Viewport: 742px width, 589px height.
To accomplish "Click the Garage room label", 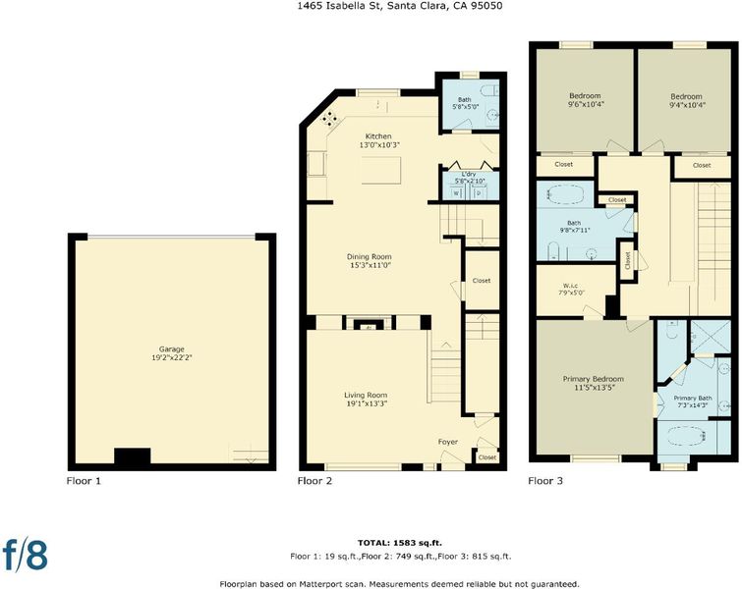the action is pyautogui.click(x=171, y=349).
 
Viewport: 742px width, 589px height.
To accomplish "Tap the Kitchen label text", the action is pyautogui.click(x=378, y=136).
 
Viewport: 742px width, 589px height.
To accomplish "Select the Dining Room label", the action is pyautogui.click(x=370, y=256).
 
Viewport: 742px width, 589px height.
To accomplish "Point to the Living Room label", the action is pyautogui.click(x=366, y=396).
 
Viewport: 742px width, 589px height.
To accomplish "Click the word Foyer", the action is pyautogui.click(x=448, y=442).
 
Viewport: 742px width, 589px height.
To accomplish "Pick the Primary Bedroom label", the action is pyautogui.click(x=594, y=379).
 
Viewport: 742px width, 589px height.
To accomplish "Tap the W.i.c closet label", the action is pyautogui.click(x=570, y=286).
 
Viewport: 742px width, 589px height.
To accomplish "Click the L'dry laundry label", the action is pyautogui.click(x=469, y=174).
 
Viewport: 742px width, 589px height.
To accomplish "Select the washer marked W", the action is pyautogui.click(x=456, y=192).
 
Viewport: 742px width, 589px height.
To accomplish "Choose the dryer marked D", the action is pyautogui.click(x=479, y=192).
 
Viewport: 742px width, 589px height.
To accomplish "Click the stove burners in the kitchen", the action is pyautogui.click(x=329, y=118).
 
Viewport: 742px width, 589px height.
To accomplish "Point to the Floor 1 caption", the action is pyautogui.click(x=84, y=481).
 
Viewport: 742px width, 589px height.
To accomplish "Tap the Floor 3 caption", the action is pyautogui.click(x=545, y=481).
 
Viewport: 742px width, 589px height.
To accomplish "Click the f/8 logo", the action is pyautogui.click(x=26, y=554).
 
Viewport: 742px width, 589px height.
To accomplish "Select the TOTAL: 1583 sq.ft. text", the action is pyautogui.click(x=400, y=543).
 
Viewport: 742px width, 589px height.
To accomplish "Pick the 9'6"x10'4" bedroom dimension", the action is pyautogui.click(x=586, y=104).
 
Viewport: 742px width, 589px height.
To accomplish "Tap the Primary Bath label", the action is pyautogui.click(x=693, y=398).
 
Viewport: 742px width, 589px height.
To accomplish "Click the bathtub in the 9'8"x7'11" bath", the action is pyautogui.click(x=566, y=194).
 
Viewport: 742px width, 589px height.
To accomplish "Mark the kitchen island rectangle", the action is pyautogui.click(x=381, y=170).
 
